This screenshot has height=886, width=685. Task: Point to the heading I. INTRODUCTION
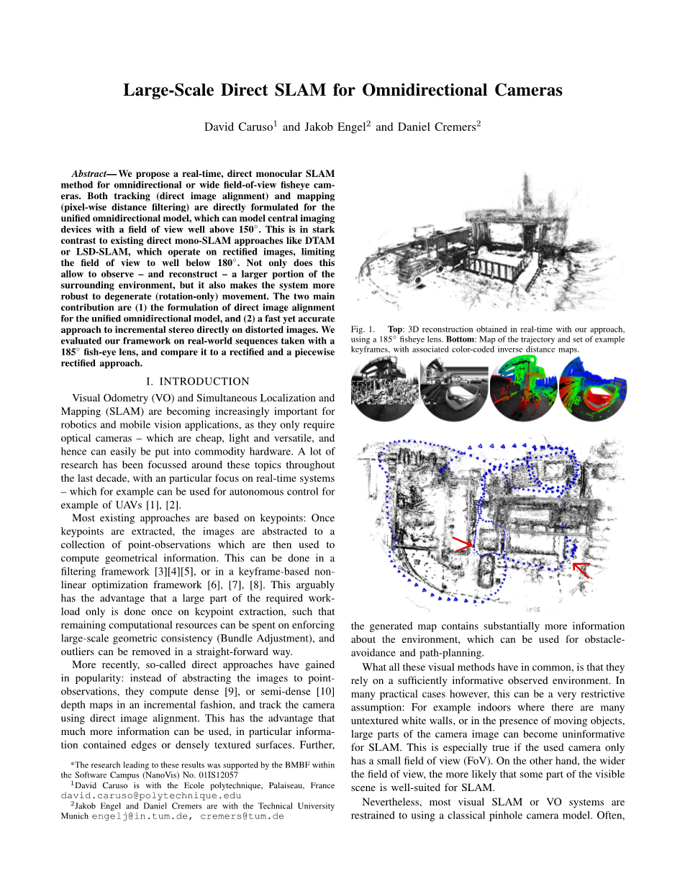coord(197,381)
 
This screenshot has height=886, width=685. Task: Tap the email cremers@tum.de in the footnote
coord(242,816)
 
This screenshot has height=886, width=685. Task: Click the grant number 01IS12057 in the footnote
coord(216,775)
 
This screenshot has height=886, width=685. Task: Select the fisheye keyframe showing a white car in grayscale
coord(453,391)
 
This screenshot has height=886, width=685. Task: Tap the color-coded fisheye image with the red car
coord(592,391)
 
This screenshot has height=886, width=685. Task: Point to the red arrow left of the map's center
coord(462,542)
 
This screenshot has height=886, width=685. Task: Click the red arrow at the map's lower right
coord(581,570)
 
